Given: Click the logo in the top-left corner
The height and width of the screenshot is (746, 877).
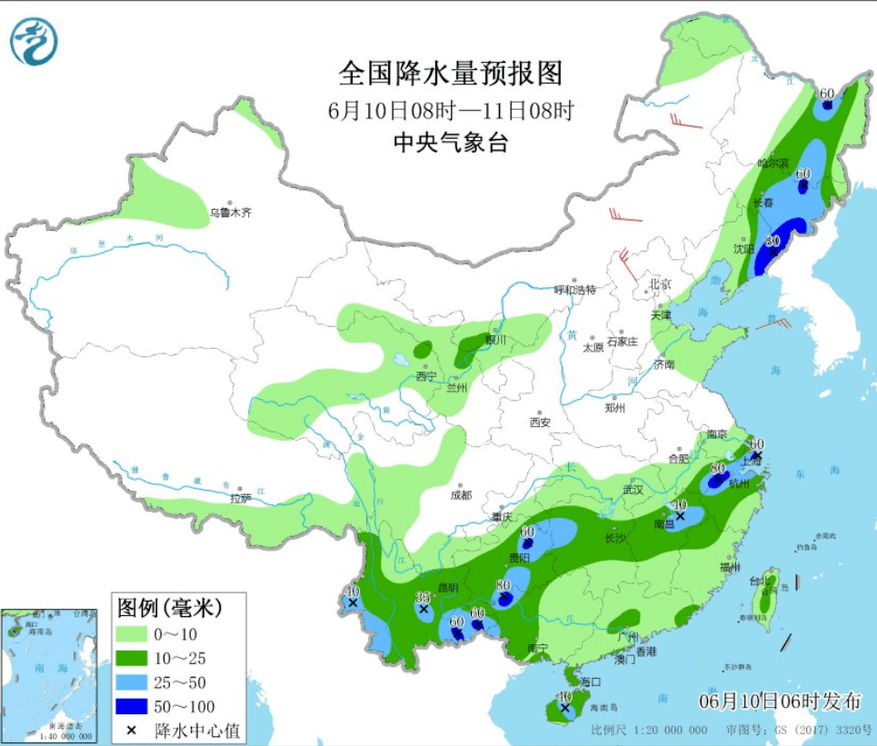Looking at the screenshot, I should point(34,42).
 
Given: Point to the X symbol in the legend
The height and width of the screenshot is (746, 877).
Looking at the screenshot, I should point(132,730).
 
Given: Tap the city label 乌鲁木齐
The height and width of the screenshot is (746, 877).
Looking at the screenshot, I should point(230,213).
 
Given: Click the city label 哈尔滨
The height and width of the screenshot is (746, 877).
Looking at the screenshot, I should point(773,164).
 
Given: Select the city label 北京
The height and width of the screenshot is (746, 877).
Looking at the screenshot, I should point(659,284).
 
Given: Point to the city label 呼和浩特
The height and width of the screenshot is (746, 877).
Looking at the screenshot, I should point(575,290).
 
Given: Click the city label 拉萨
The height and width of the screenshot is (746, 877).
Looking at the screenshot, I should point(240,498).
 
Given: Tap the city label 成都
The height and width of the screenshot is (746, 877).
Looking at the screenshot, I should point(460,495).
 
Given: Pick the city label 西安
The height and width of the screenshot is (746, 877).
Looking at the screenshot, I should point(540,422).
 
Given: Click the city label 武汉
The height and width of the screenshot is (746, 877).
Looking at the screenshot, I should point(633,490).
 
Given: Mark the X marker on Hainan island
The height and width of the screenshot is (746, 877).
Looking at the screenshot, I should point(565,706).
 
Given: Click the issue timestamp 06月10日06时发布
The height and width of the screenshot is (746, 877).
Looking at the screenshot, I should point(779,701).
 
